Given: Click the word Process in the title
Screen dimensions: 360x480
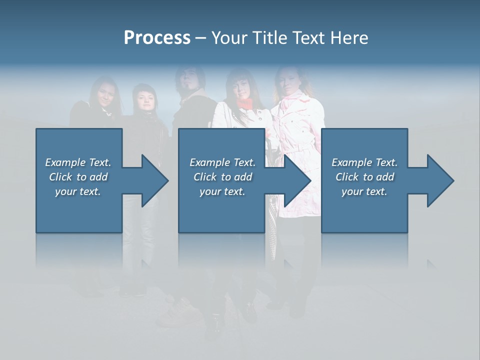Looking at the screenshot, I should [157, 38].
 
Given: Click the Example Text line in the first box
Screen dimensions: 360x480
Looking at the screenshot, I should [78, 162].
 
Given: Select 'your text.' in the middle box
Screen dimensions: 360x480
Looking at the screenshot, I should [222, 191].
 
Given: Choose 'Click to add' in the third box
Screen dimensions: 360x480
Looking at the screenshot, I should [364, 177].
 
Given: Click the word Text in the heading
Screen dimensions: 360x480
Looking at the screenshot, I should [308, 38].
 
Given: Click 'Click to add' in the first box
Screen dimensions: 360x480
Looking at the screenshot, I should [78, 177].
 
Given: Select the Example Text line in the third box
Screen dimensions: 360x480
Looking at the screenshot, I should [364, 162].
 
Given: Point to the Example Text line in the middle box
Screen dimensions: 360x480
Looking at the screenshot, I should [222, 162].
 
